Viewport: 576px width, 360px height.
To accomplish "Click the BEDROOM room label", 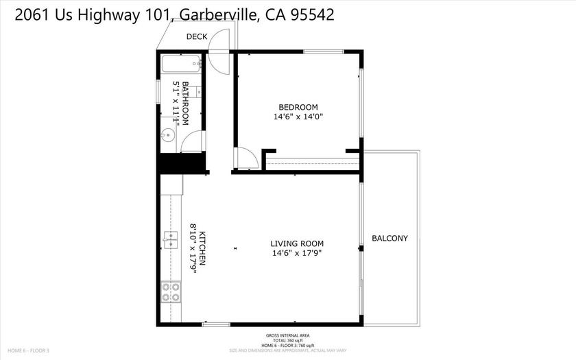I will [298, 107].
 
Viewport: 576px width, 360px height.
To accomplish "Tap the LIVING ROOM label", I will [296, 243].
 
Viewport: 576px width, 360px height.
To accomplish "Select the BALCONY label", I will [389, 239].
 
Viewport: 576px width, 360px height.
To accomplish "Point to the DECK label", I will [197, 38].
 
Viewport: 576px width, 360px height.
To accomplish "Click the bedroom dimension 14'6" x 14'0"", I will [298, 117].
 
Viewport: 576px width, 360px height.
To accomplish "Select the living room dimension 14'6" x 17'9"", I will [296, 253].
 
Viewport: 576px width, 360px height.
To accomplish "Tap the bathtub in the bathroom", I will [180, 65].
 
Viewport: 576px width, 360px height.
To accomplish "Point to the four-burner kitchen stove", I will [171, 293].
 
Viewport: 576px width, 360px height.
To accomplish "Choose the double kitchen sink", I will [170, 239].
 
